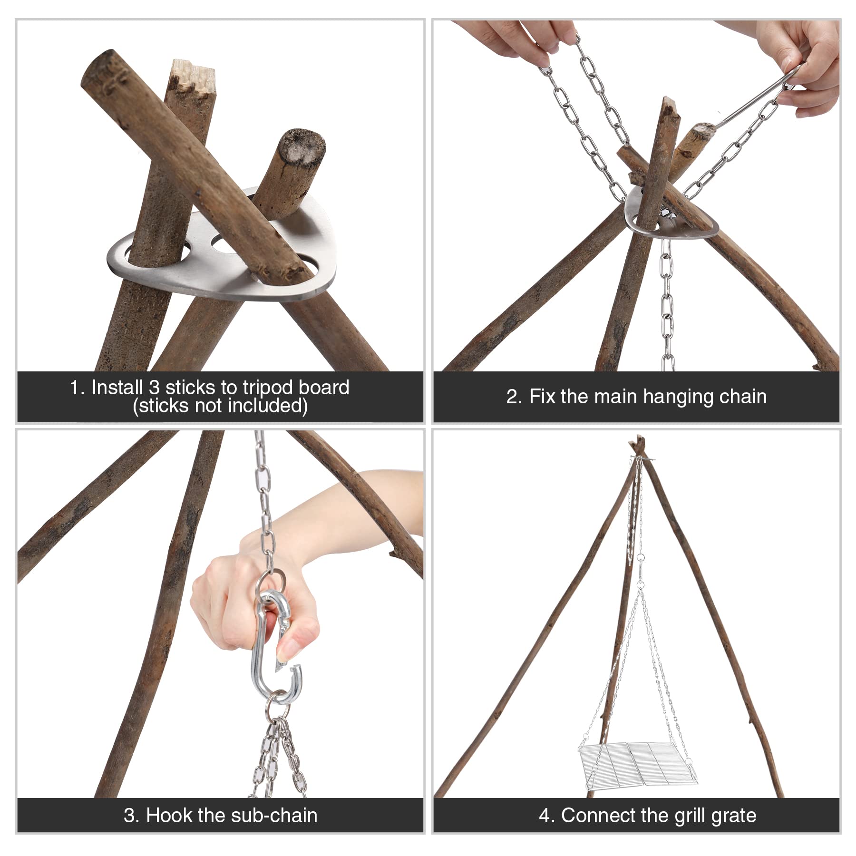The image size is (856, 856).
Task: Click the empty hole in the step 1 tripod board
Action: click(x=227, y=243)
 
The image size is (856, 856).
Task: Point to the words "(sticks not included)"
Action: click(x=220, y=406)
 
